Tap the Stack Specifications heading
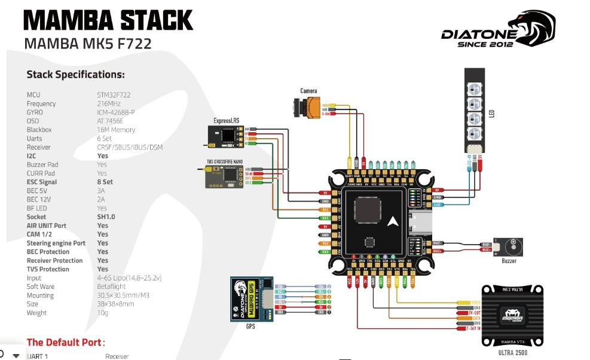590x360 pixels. tap(75, 75)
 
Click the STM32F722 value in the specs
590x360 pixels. tap(114, 95)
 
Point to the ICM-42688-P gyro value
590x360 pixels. tap(116, 112)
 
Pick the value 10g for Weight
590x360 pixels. tap(102, 313)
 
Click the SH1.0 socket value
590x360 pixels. tap(107, 217)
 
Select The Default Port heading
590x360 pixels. tap(66, 343)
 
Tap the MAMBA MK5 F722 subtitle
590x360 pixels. tap(87, 44)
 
